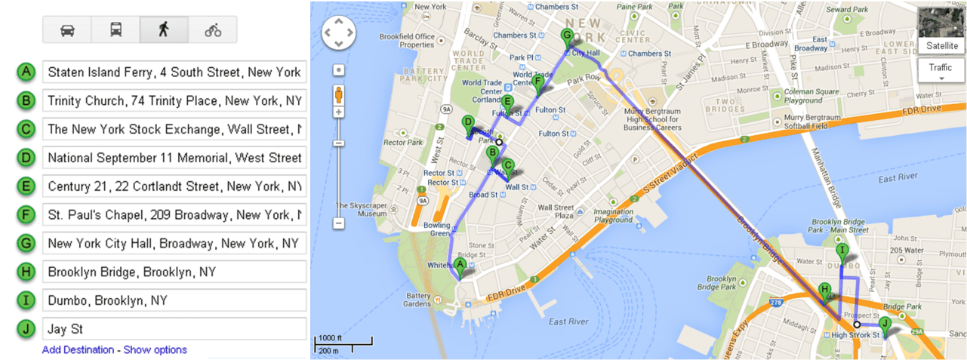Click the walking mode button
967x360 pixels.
164,29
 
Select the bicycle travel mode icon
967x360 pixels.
213,29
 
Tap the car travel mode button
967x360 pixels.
67,29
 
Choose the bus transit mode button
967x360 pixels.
115,29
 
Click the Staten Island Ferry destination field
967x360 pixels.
174,72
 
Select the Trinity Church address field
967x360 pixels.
174,101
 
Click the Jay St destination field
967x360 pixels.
174,329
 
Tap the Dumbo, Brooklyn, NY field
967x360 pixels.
174,300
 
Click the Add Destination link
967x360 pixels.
78,349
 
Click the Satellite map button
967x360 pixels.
941,46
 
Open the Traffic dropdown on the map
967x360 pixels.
941,70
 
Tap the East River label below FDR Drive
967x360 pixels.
568,322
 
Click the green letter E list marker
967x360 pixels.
26,186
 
